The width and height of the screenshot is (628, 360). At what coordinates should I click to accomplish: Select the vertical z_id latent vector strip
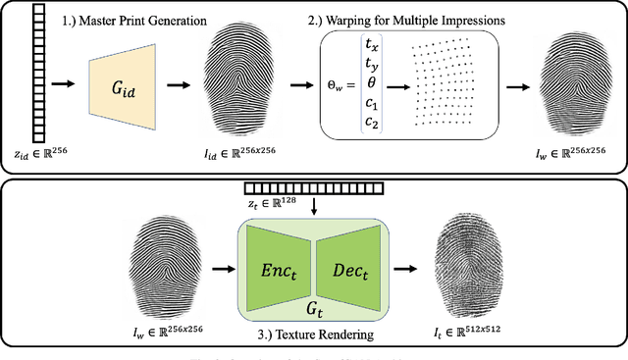pos(40,74)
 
